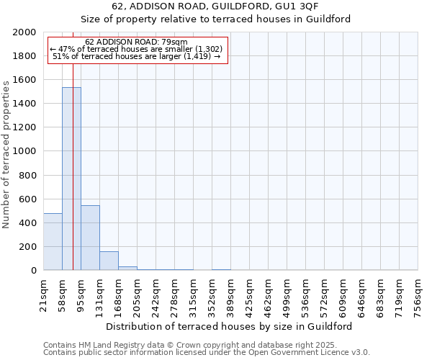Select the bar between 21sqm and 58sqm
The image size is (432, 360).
click(x=53, y=241)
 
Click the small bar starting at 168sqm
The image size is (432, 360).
click(x=127, y=268)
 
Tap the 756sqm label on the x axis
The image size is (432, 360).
click(x=418, y=297)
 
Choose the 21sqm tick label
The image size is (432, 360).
click(x=43, y=294)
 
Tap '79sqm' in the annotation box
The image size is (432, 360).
click(x=173, y=42)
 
